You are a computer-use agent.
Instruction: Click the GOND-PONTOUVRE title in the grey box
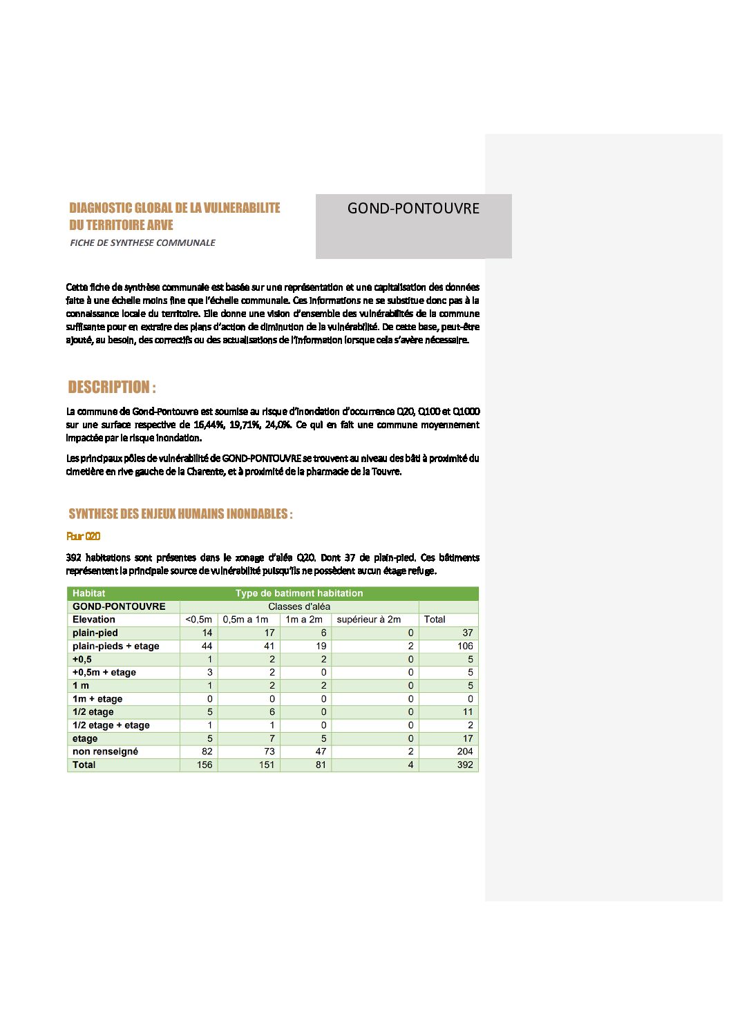[x=413, y=209]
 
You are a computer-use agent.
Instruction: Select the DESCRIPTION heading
[x=112, y=387]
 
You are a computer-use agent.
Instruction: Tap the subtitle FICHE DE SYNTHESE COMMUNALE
[x=142, y=242]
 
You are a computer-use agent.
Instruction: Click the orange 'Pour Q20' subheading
[x=84, y=536]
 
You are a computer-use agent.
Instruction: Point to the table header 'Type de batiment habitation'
[x=299, y=593]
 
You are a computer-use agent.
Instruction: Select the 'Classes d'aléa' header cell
[x=299, y=606]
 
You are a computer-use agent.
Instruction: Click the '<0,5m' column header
[x=198, y=620]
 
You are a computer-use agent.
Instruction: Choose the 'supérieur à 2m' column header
[x=368, y=620]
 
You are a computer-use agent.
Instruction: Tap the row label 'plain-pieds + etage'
[x=116, y=646]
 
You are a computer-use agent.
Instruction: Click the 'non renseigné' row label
[x=105, y=751]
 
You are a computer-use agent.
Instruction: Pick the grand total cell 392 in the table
[x=465, y=765]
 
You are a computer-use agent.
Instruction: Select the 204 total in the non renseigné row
[x=465, y=751]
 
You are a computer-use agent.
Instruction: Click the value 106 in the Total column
[x=465, y=646]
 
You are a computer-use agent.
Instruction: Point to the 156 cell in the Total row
[x=205, y=765]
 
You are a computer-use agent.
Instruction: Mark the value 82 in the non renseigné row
[x=207, y=751]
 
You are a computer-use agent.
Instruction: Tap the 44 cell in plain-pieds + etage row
[x=207, y=646]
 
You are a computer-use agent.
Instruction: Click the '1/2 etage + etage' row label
[x=111, y=725]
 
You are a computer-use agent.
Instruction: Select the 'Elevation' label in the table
[x=94, y=620]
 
